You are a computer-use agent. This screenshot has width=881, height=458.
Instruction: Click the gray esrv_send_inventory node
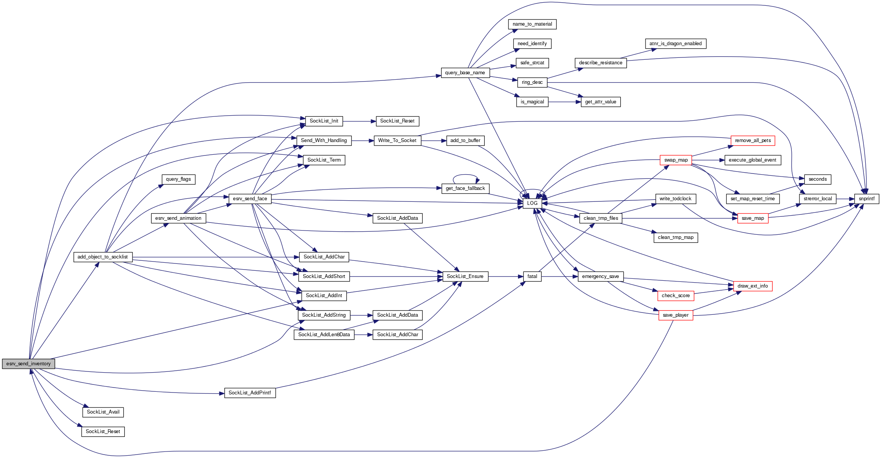28,364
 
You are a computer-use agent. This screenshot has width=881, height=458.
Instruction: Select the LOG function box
532,203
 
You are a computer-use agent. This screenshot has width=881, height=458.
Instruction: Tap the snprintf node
866,199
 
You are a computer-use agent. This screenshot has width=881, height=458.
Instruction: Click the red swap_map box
676,160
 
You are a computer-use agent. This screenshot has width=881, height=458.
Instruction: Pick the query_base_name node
465,73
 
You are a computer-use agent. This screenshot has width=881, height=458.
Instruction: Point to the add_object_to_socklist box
103,257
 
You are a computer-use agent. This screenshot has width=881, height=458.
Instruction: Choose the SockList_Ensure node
465,276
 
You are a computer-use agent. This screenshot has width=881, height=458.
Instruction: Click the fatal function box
532,276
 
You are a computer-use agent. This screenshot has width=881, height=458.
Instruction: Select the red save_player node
675,315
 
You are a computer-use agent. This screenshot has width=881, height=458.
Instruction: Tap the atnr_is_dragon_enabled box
675,44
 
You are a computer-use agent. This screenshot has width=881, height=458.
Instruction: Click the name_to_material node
532,24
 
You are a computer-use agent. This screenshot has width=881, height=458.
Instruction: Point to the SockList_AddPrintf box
250,393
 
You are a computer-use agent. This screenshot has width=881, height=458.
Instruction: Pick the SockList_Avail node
103,412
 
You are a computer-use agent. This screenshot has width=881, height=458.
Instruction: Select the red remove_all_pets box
753,141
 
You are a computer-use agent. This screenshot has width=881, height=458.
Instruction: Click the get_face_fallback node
465,188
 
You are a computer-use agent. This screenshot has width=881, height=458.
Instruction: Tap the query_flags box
178,179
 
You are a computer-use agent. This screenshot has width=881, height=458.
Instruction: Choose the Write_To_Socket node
397,141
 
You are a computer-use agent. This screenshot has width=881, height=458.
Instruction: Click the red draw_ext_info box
752,286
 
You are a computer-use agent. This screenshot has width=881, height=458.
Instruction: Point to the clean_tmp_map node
675,237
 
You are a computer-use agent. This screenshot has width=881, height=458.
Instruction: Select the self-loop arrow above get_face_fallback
465,175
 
